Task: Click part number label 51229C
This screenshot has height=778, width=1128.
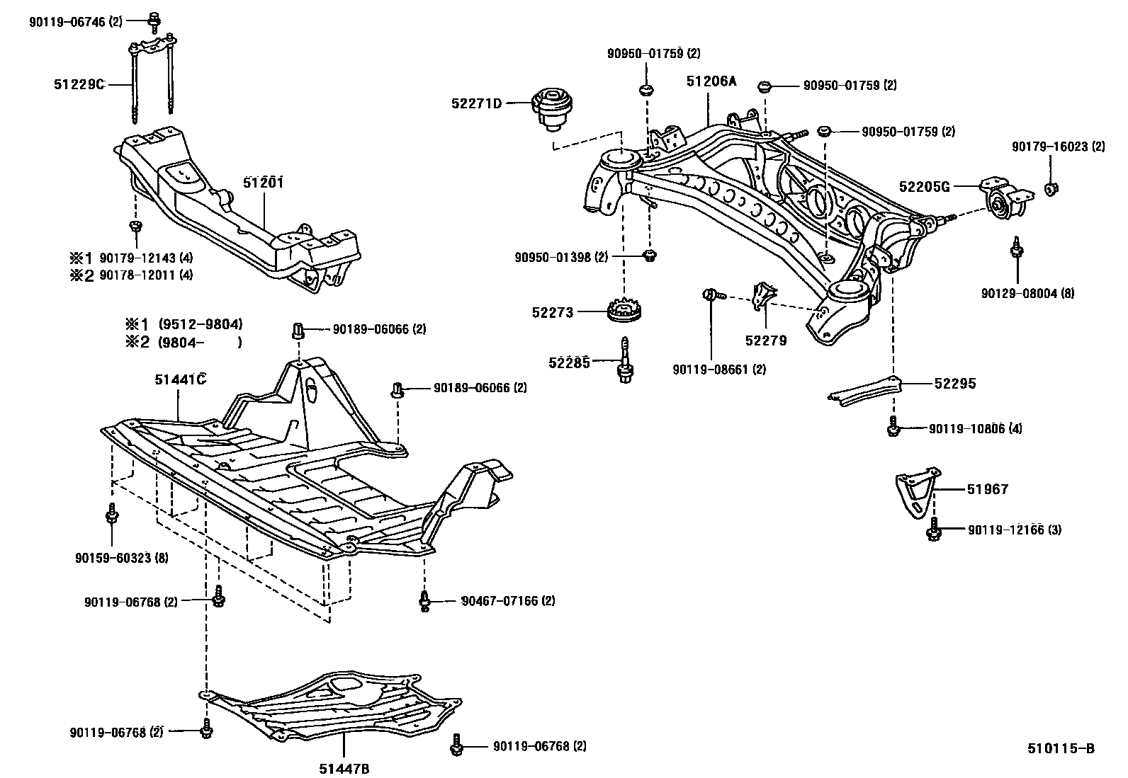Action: click(x=79, y=84)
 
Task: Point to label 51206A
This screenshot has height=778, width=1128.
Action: click(x=711, y=81)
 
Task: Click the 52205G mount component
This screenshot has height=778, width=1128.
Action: click(x=1003, y=198)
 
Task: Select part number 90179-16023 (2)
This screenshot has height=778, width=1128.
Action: click(x=1058, y=147)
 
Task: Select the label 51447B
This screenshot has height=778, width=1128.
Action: click(x=344, y=769)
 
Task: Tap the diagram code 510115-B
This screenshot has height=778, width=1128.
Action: click(x=1061, y=748)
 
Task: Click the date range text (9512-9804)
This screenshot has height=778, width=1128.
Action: click(x=201, y=324)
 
